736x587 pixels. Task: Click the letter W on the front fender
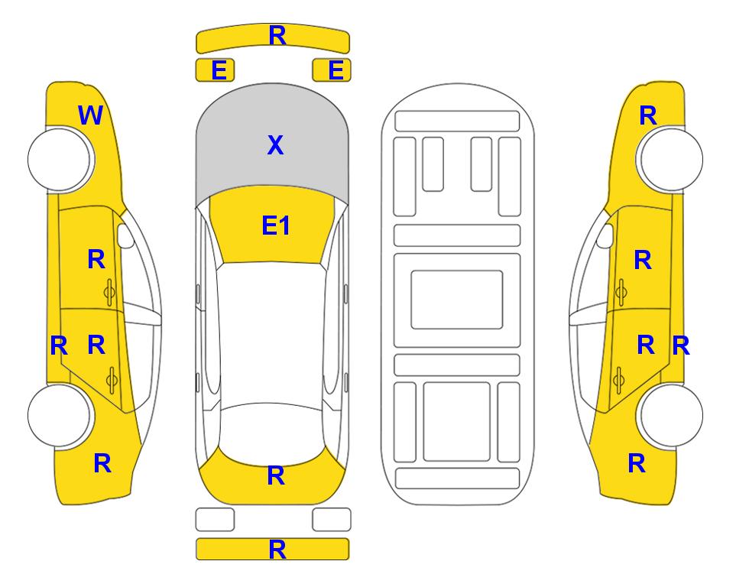coord(90,115)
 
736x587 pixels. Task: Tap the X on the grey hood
coord(276,145)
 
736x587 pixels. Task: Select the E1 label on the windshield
coord(276,225)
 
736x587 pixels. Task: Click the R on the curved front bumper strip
coord(277,35)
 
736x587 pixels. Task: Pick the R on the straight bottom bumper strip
coord(277,550)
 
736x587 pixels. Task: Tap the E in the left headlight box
coord(219,70)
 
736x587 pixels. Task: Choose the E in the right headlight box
coord(336,70)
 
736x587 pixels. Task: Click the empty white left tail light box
coord(215,520)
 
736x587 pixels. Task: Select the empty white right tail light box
coord(332,520)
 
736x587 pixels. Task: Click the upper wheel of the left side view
coord(60,160)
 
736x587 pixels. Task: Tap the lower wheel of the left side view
coord(60,415)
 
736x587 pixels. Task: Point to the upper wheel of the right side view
coord(670,160)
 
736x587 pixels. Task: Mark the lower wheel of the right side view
coord(670,415)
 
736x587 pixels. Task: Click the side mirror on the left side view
coord(125,235)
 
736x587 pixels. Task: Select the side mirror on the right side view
coord(605,235)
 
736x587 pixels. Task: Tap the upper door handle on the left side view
coord(109,293)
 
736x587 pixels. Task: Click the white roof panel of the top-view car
coord(272,334)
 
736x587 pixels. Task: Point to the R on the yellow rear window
coord(276,475)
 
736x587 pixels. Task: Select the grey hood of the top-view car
coord(272,141)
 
